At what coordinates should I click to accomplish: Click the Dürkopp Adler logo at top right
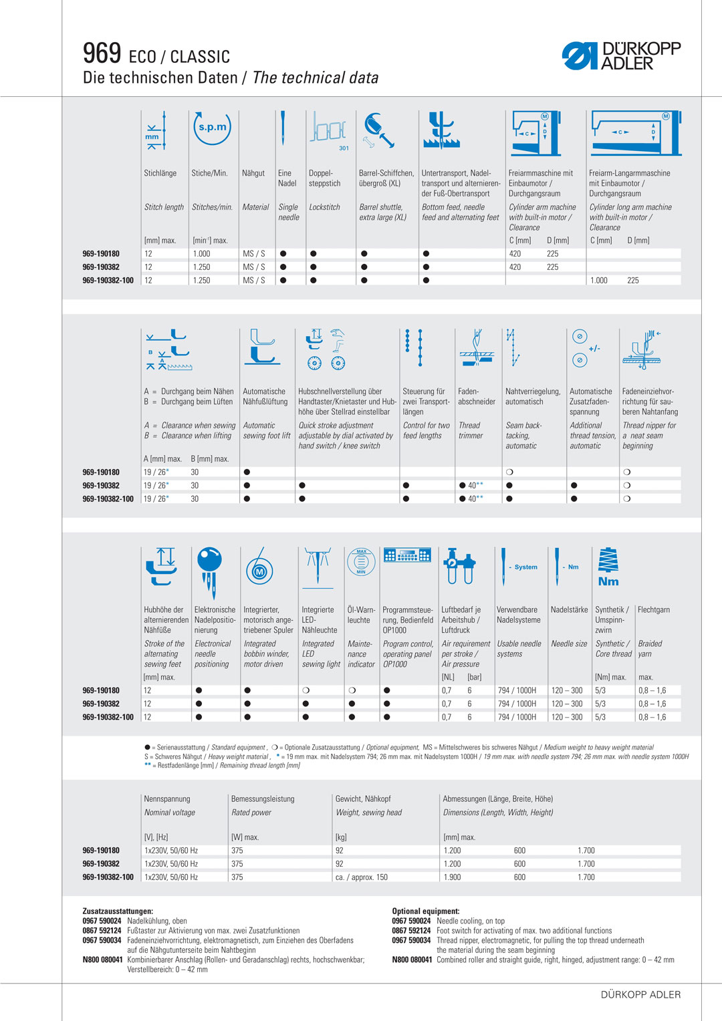tap(621, 56)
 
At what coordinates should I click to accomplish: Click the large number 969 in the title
tap(102, 53)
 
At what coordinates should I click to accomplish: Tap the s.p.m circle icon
tap(212, 127)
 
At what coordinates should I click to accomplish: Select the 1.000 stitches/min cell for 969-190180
tap(201, 254)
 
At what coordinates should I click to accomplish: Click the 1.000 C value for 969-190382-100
tap(599, 281)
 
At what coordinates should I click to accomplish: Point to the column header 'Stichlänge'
tap(160, 173)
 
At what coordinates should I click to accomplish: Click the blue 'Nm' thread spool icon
tap(608, 567)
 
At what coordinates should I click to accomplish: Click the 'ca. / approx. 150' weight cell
tap(362, 877)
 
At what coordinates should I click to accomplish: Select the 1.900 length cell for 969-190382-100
tap(453, 877)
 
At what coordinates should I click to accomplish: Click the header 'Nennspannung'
tap(167, 799)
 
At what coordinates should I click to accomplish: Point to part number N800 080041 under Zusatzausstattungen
tap(102, 960)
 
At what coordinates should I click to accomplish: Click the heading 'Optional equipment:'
tap(425, 911)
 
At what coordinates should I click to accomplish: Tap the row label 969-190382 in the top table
tap(101, 267)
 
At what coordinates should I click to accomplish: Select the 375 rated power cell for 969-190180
tap(237, 851)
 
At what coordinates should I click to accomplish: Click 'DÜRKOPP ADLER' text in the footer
tap(640, 994)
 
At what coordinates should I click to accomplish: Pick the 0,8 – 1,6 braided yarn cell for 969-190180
tap(652, 690)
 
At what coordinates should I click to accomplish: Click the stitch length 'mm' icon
tap(154, 131)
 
